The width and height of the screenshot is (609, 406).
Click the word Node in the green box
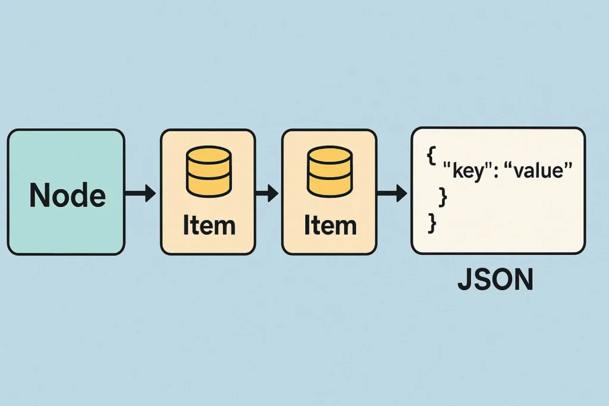[67, 194]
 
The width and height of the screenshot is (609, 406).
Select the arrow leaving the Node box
[140, 193]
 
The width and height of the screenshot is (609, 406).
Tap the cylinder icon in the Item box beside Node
[208, 171]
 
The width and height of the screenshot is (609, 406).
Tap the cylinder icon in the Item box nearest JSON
[329, 171]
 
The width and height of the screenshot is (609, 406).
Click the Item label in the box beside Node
[208, 225]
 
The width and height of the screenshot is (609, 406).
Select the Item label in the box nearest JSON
[329, 225]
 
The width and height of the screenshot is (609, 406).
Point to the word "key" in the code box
[467, 171]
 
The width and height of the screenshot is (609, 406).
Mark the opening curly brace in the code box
[431, 156]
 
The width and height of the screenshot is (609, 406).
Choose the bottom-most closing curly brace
[432, 223]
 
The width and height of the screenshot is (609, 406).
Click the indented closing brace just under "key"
[442, 194]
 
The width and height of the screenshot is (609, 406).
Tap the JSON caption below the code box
[495, 281]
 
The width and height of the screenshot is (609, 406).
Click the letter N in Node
[39, 194]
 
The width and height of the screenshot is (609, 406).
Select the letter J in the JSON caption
[465, 281]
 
